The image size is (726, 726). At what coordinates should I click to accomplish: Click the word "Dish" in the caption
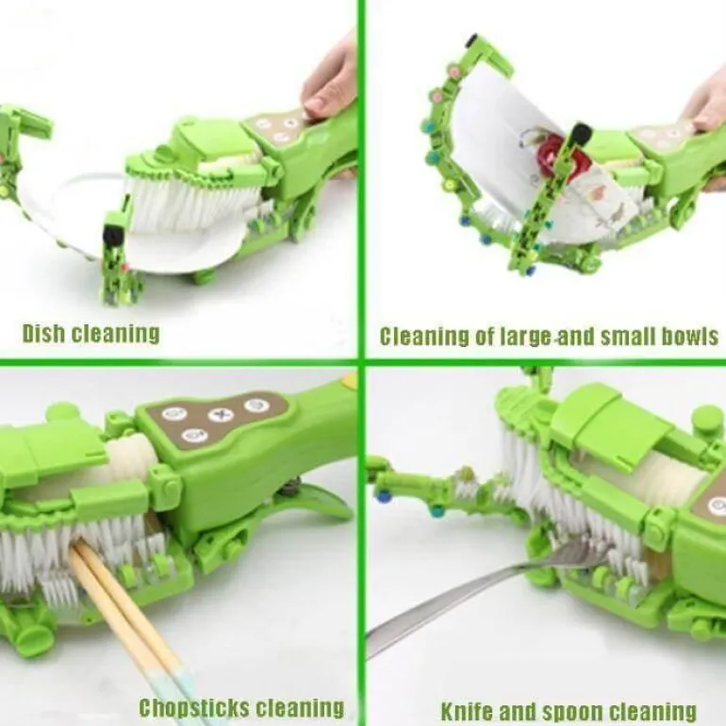click(x=44, y=333)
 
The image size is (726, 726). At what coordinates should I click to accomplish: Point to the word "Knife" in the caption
click(x=467, y=711)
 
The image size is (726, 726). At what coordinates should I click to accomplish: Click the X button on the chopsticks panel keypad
click(x=221, y=415)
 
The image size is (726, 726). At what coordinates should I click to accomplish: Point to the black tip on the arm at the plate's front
click(x=112, y=233)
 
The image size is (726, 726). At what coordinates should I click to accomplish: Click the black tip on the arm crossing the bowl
click(x=582, y=134)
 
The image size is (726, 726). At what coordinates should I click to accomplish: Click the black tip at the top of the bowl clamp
click(x=473, y=40)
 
